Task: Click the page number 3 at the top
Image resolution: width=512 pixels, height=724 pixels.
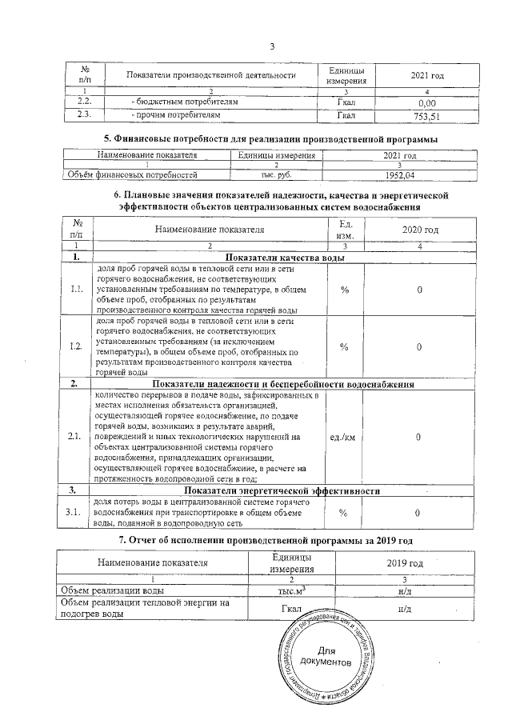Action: pos(272,45)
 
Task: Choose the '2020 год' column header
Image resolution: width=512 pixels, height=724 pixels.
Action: pos(420,230)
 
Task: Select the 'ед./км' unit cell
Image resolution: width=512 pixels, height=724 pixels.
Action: pos(344,437)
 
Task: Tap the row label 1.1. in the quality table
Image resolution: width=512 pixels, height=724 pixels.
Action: pos(77,289)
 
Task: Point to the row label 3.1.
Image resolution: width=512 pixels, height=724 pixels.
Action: pos(77,513)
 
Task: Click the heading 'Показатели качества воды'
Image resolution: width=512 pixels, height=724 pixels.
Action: pos(285,258)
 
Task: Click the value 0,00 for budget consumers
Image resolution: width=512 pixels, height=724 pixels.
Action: pos(426,103)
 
